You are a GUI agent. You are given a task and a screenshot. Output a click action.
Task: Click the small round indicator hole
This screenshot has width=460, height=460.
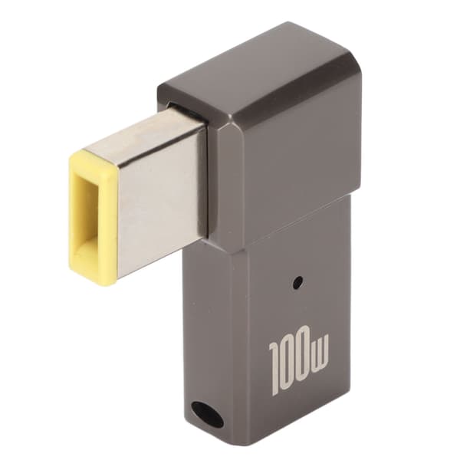(298, 282)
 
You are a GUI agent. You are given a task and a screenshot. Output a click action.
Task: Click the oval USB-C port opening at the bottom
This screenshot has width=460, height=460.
(208, 417)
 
